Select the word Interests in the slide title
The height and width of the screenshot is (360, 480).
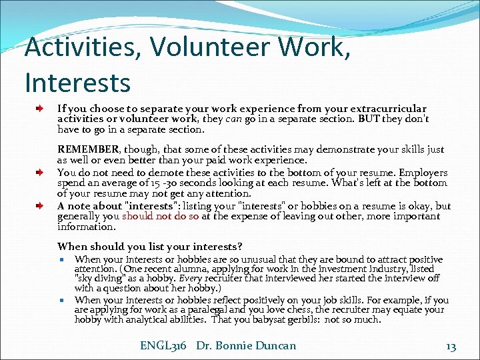[x=77, y=83]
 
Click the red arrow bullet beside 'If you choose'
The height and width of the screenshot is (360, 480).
[x=41, y=108]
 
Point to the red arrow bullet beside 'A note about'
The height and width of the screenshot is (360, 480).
[x=41, y=206]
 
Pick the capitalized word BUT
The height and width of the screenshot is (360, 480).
[x=371, y=119]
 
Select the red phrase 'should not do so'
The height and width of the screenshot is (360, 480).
[x=160, y=216]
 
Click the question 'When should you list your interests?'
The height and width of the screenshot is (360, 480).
[x=149, y=246]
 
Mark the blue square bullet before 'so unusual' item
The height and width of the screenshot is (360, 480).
[x=61, y=260]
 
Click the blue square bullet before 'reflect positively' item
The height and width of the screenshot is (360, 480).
[x=61, y=301]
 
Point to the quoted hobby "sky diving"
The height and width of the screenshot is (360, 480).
[x=99, y=279]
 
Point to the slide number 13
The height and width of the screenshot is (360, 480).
[x=451, y=345]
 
